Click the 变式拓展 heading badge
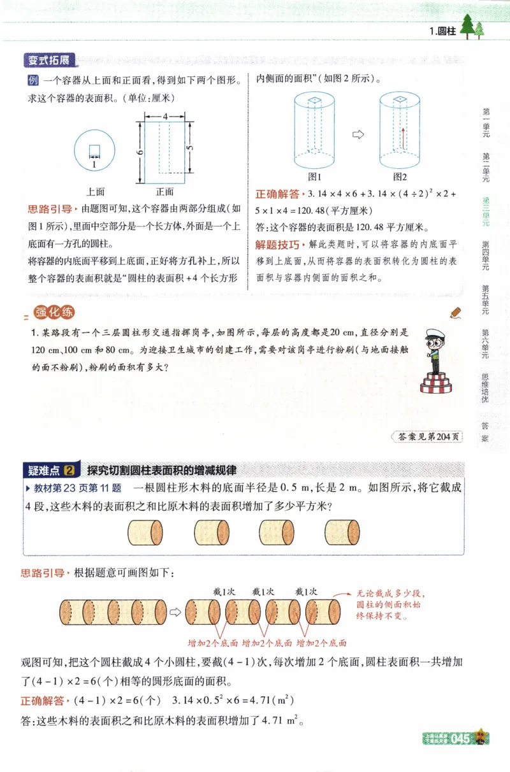coord(48,61)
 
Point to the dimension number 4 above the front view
coord(164,117)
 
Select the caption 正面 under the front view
coord(164,191)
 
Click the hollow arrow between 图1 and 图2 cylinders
coord(358,134)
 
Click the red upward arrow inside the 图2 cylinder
coord(402,136)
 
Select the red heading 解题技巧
coord(277,245)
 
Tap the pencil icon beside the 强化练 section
coord(455,312)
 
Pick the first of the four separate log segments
coord(145,531)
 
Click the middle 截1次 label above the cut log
coord(263,592)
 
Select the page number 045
coord(460,739)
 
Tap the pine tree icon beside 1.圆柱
coord(471,29)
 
